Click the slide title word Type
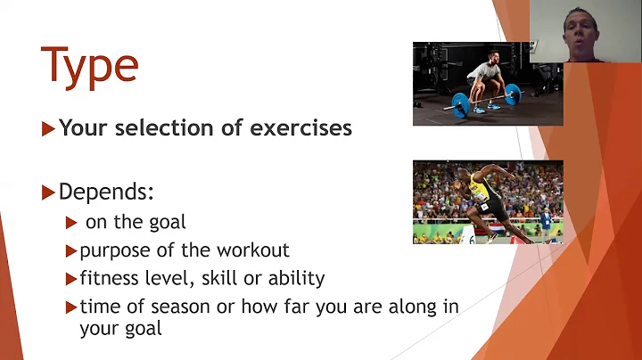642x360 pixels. (x=90, y=67)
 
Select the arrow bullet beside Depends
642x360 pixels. (x=49, y=192)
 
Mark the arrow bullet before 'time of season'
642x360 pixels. (x=71, y=307)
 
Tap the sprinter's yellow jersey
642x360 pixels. (x=477, y=190)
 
